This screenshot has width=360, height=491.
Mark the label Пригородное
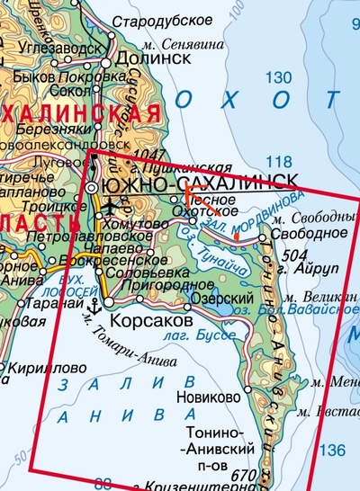click(175, 285)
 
